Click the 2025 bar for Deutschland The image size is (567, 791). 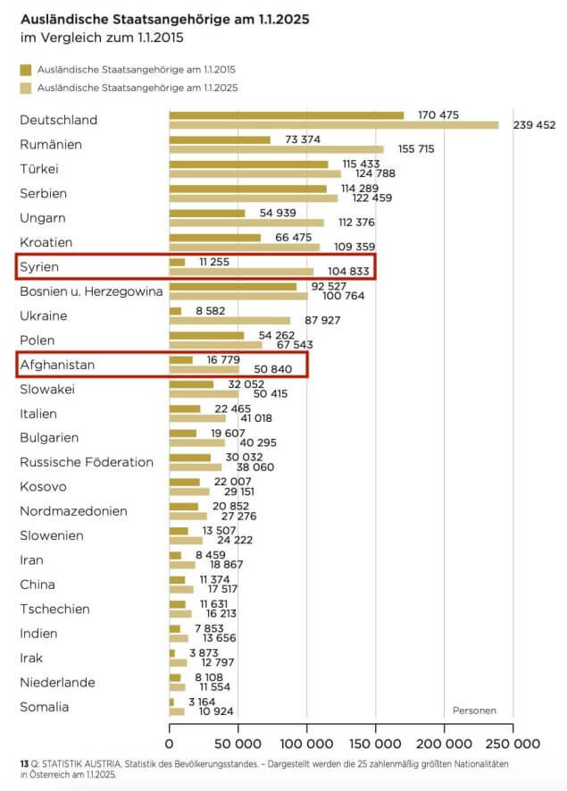pos(334,125)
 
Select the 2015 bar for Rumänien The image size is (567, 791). pos(220,139)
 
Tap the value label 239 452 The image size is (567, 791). pos(534,125)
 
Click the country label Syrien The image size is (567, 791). pos(39,267)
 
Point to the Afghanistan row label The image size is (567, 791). pos(56,365)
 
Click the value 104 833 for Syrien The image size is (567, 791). pos(344,272)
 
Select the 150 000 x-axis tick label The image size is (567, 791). pos(376,743)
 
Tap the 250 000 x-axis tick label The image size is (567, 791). pos(513,743)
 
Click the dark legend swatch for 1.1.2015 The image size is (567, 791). pos(24,69)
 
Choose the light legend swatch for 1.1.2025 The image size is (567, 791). pos(24,88)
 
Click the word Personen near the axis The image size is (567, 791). pos(474,711)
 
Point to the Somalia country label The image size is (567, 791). pos(44,707)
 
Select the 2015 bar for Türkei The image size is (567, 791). pos(249,164)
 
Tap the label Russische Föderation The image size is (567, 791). pos(87,462)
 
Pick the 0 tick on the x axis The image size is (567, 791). pos(170,743)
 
